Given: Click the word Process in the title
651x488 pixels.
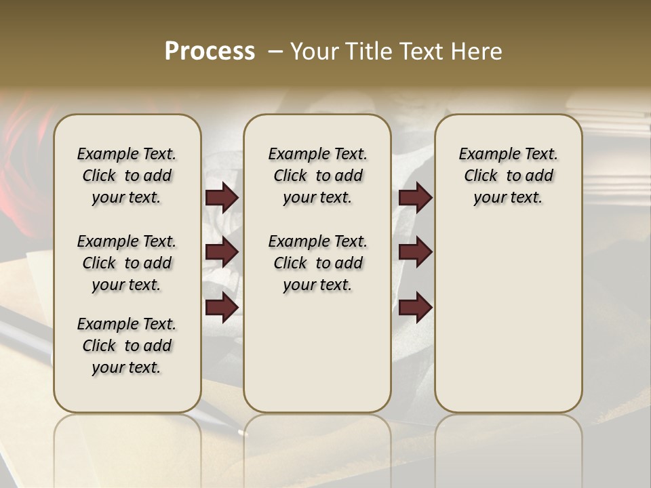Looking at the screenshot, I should (210, 52).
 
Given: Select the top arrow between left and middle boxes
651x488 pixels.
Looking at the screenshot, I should (222, 197).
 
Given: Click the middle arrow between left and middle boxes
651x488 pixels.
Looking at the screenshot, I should (222, 252).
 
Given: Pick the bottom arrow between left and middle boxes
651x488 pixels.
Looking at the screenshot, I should (222, 307).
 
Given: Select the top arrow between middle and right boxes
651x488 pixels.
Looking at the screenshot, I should (415, 197).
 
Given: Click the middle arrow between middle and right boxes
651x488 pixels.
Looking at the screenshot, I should (415, 252).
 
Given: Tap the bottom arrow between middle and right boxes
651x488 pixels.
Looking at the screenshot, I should (415, 307).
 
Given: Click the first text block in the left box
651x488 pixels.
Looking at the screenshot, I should (127, 176).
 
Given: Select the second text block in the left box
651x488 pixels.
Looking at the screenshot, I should (127, 263).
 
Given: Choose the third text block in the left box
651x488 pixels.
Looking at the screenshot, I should (127, 346).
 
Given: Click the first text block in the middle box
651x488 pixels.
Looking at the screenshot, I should (317, 176).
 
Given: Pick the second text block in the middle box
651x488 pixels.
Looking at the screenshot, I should (317, 263).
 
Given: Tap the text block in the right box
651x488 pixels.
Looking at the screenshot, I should (509, 176).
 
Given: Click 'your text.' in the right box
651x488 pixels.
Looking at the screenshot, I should (508, 198).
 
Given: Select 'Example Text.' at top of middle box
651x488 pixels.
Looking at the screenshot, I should (317, 154).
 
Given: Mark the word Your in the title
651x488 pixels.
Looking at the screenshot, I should (314, 52).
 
